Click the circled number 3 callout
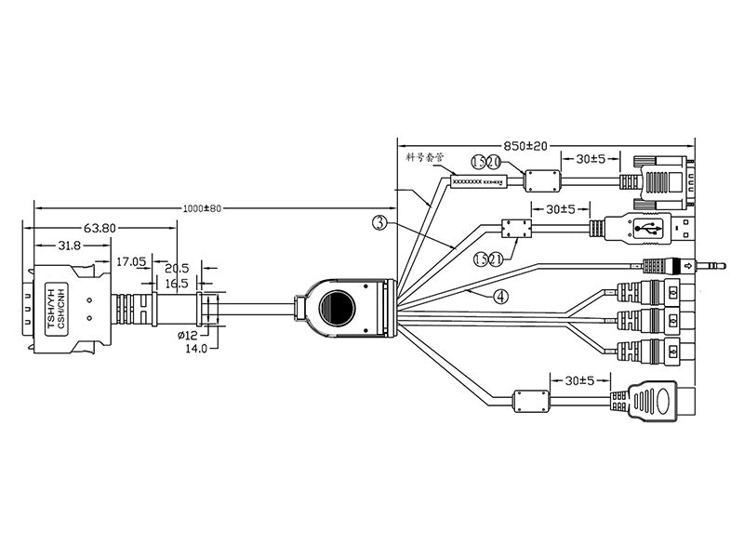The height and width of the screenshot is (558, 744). tap(379, 223)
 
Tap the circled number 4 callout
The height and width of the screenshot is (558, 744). tap(500, 298)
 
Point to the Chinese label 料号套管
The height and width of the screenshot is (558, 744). tap(423, 158)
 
